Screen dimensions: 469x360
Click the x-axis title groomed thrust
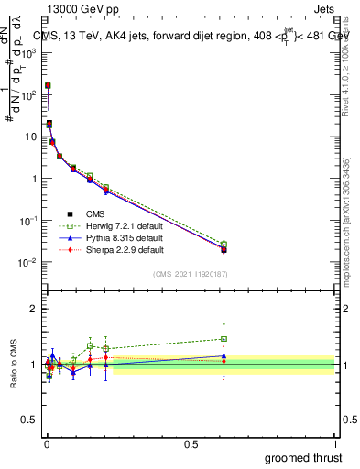tap(304, 457)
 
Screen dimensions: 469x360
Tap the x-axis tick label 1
tap(336, 442)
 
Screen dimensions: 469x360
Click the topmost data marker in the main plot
tap(47, 85)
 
